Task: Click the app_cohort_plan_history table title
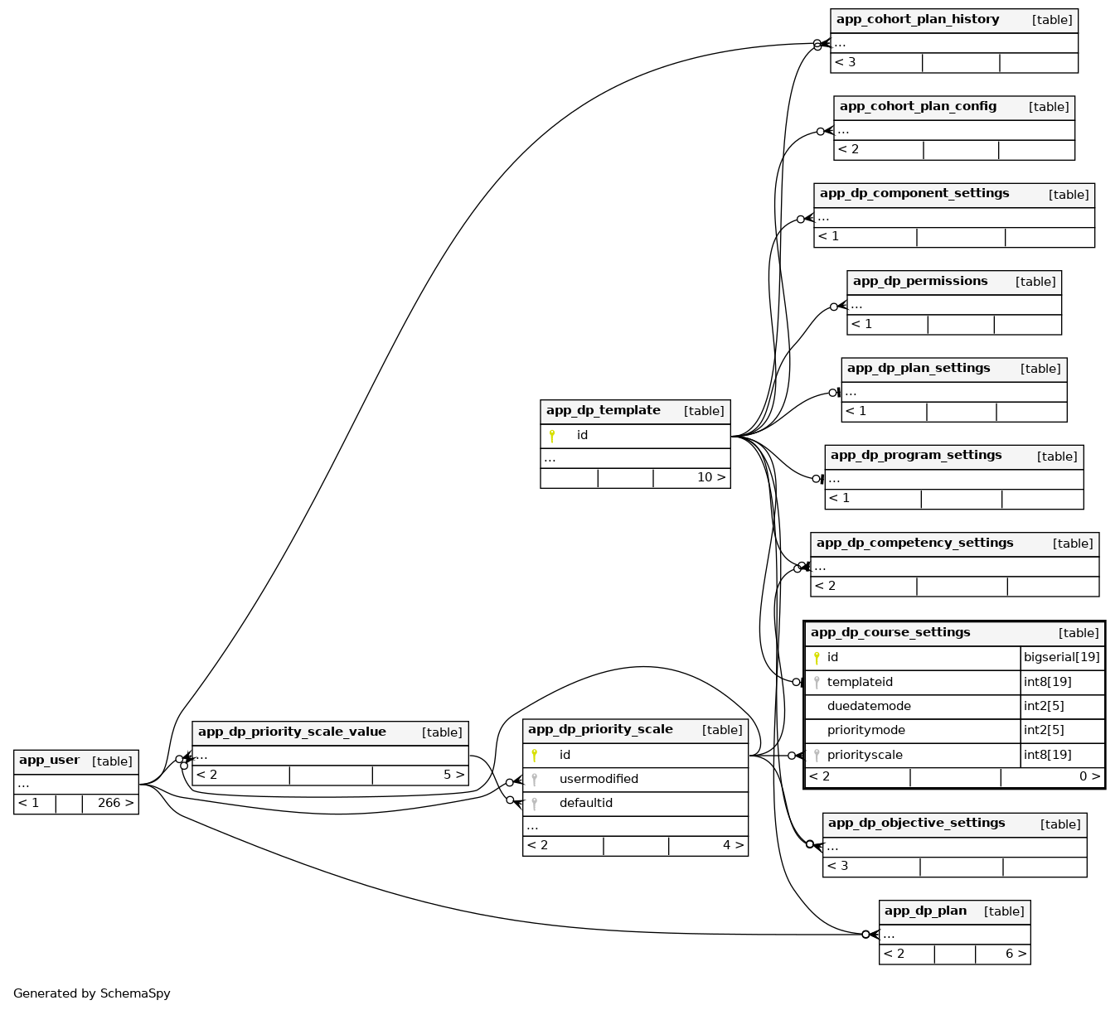click(917, 20)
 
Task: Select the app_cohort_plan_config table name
click(918, 107)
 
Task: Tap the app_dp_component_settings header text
click(914, 194)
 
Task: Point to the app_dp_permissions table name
click(920, 282)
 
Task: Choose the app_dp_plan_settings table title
click(918, 369)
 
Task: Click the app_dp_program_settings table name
click(915, 456)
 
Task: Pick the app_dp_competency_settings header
click(914, 544)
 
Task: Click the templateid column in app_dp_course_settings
click(860, 683)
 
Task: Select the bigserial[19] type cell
click(1061, 658)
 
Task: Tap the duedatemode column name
click(868, 707)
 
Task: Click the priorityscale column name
click(864, 756)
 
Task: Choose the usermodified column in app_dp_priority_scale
click(599, 780)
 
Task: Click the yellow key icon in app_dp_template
click(552, 436)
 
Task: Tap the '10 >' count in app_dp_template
click(710, 478)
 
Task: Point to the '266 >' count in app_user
click(115, 804)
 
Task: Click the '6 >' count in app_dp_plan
click(1016, 954)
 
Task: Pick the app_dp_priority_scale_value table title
click(292, 732)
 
